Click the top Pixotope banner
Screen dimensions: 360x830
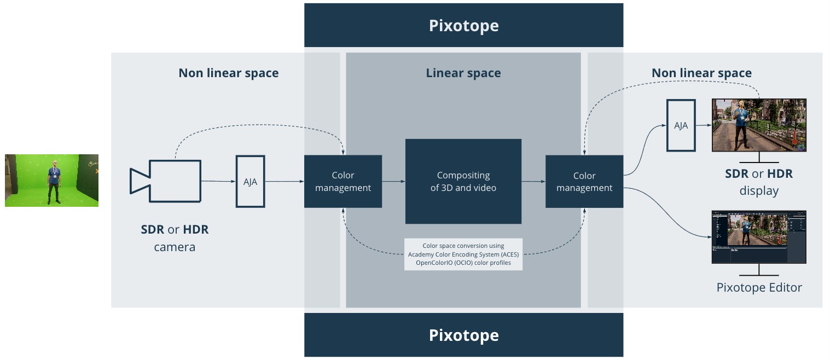463,25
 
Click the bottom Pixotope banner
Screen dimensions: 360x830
463,335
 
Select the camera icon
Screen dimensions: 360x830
165,181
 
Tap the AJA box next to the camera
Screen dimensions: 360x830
250,182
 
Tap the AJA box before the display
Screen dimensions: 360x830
681,125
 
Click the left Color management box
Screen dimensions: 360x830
343,182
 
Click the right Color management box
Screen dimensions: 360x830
584,182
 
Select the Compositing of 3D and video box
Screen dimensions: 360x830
463,182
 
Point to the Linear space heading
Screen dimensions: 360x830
463,73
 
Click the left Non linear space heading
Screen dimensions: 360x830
228,73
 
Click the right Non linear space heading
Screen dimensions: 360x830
701,73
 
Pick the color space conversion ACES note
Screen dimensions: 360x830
463,254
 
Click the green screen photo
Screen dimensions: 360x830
51,181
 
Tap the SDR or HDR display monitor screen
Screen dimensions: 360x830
758,125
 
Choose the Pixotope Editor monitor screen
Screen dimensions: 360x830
758,236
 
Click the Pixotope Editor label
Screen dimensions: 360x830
759,287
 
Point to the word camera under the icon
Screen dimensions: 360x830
175,247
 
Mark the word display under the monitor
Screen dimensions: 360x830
758,191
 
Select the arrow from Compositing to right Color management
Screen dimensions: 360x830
533,181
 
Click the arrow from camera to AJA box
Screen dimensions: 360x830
218,181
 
